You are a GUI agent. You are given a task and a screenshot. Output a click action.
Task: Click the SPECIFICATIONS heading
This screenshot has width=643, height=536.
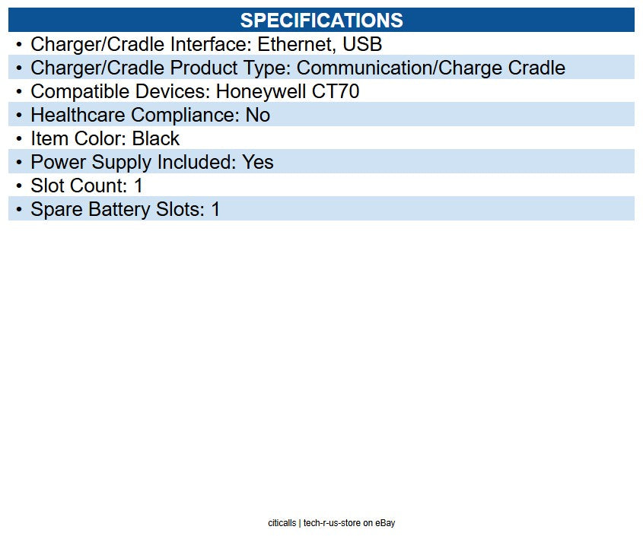coord(321,20)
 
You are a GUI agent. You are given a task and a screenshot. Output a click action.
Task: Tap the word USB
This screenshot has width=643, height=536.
coord(362,44)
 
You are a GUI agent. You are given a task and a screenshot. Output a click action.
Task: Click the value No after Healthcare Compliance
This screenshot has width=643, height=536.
coord(257,115)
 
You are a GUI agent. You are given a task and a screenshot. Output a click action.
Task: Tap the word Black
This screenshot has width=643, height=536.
coord(156,138)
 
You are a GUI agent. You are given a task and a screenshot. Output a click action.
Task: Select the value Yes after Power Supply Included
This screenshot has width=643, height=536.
coord(258,162)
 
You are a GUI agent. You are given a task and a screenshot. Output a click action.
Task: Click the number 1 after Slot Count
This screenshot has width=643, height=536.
coord(138,186)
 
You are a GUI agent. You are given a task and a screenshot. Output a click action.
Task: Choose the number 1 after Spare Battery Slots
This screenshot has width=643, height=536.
coord(215,209)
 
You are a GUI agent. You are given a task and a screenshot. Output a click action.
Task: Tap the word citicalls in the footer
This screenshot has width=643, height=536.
coord(282,523)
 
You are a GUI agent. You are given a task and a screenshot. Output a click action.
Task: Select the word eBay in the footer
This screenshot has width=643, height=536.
coord(385,523)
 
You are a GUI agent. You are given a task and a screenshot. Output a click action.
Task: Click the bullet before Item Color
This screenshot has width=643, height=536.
coord(19,138)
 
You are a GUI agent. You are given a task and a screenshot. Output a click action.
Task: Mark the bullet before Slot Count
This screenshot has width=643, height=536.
coord(19,186)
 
